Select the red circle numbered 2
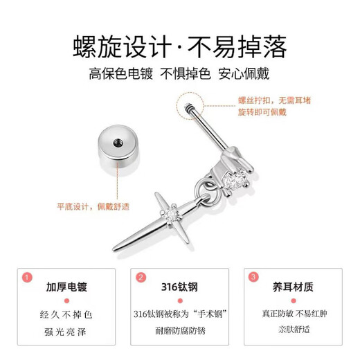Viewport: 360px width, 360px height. click(141, 277)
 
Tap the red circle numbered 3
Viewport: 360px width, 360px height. click(253, 277)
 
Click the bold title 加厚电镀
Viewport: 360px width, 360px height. click(66, 286)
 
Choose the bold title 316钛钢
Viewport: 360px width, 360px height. click(179, 286)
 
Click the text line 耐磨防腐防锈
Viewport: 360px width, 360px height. click(179, 330)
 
